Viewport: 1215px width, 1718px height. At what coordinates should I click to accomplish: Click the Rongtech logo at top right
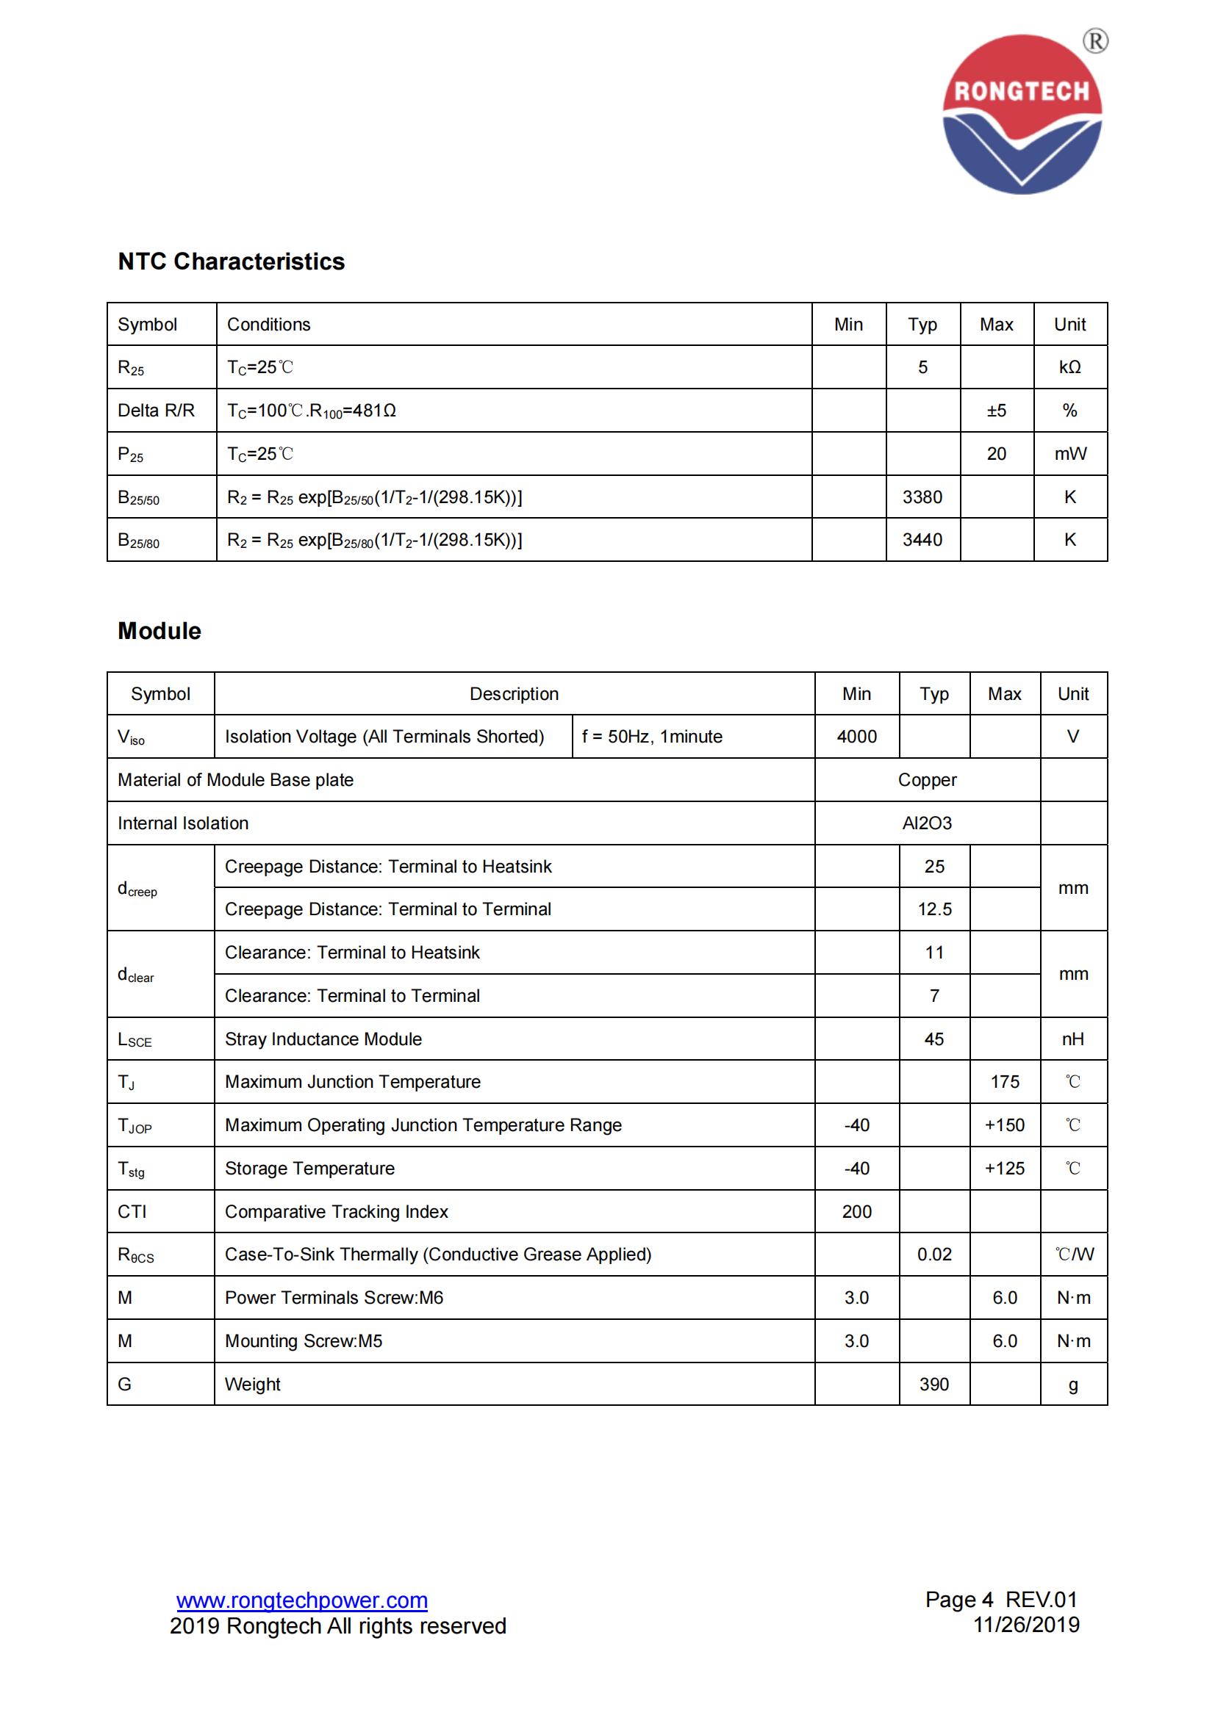(1022, 114)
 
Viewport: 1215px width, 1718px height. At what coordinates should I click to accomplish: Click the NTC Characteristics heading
(231, 261)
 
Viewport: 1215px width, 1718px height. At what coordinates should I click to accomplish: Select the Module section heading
(160, 631)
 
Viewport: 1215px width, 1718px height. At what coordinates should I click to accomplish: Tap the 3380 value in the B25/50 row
(922, 497)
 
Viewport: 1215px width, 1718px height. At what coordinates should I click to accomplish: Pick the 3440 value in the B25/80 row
(922, 540)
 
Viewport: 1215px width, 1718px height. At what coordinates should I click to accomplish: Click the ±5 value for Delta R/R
(997, 410)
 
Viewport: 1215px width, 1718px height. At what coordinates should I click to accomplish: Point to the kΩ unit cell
(1069, 367)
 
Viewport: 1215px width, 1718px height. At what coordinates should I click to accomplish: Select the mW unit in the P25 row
(1069, 453)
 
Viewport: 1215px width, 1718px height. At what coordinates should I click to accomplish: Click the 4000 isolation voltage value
(856, 736)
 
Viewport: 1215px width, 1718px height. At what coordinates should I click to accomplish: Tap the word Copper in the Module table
(927, 780)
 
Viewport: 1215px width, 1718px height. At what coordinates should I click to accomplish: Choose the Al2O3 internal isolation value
(927, 823)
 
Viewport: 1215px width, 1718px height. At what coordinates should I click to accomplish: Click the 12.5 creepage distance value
(934, 909)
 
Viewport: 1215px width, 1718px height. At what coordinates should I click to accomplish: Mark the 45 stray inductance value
(933, 1039)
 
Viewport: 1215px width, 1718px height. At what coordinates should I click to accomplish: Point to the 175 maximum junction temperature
(1004, 1081)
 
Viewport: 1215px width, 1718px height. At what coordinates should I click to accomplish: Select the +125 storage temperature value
(1004, 1168)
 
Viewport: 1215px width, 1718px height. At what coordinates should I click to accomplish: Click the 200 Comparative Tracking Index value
(856, 1211)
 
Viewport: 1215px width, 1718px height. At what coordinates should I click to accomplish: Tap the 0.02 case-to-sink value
(934, 1254)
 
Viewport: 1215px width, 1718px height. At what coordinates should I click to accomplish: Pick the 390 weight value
(933, 1385)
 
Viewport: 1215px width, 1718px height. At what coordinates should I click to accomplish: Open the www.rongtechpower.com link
(301, 1600)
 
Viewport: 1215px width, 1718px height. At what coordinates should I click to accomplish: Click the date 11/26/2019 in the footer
(1025, 1625)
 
